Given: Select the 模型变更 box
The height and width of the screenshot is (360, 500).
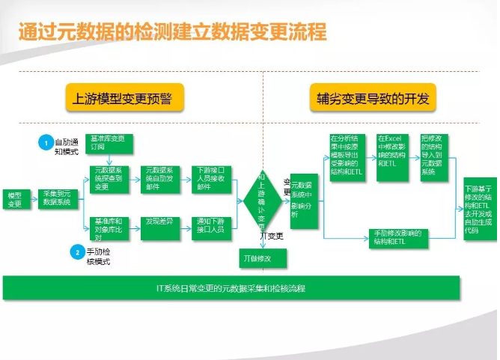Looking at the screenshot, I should click(13, 198).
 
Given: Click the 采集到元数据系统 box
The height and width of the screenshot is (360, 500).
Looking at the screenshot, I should click(57, 198).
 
